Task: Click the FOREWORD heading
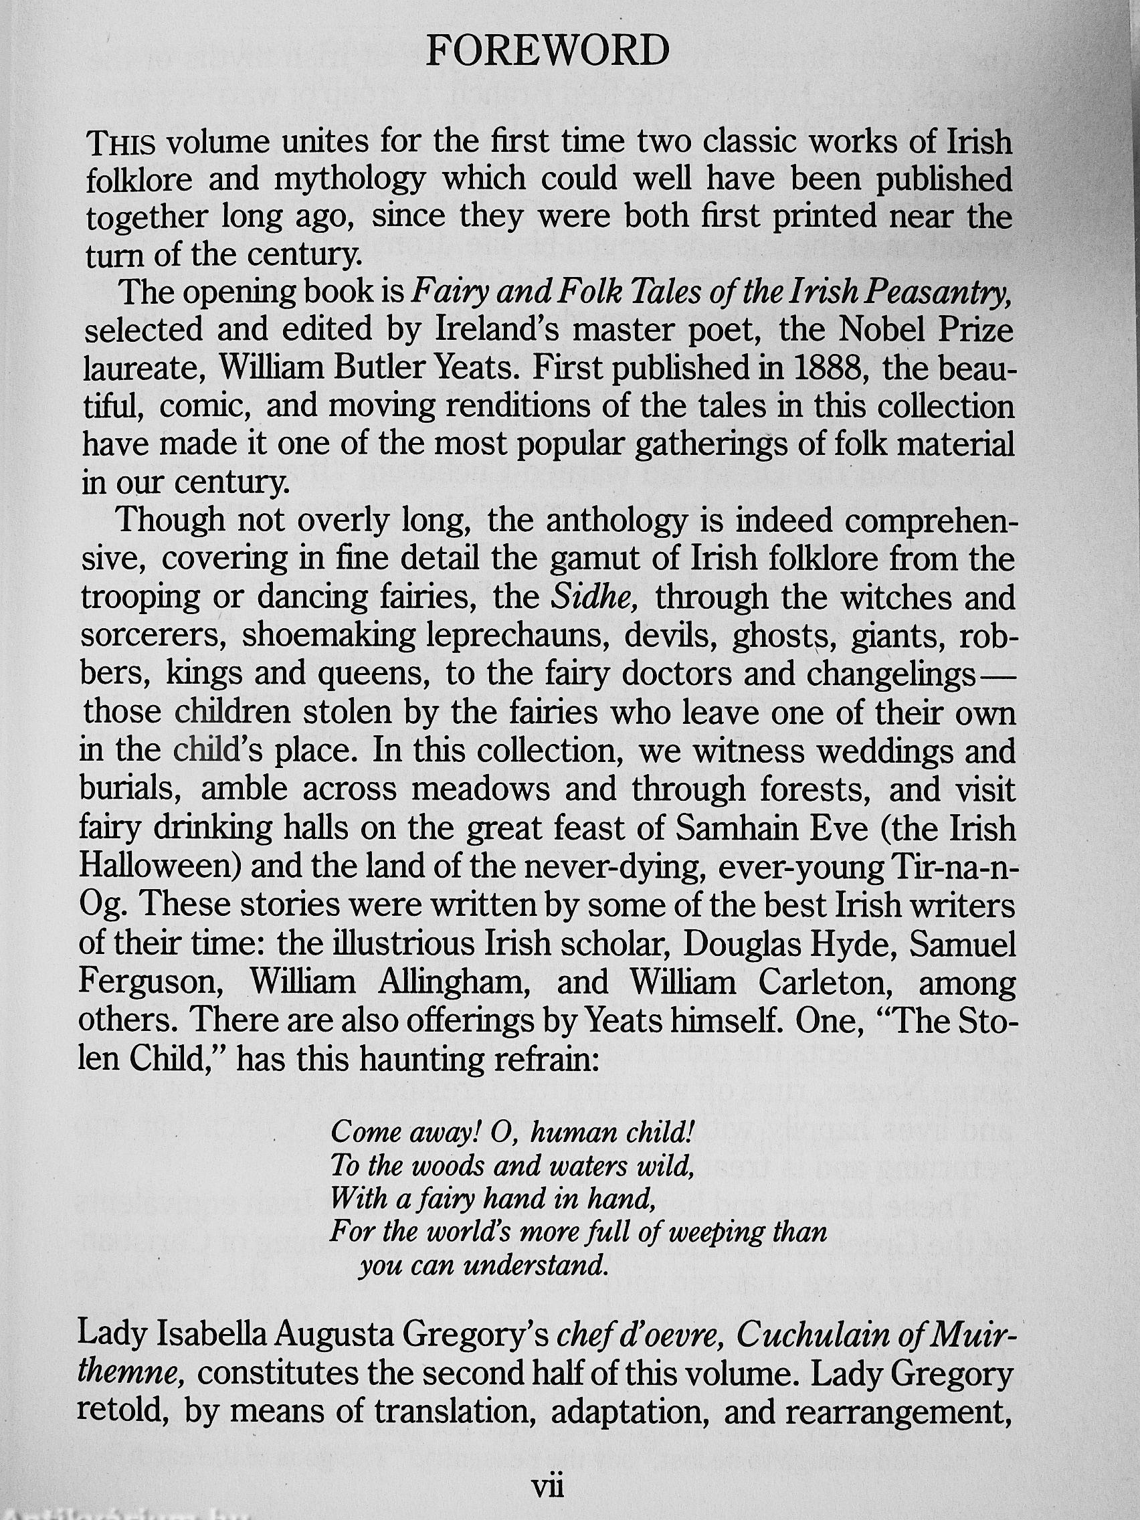click(548, 52)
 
